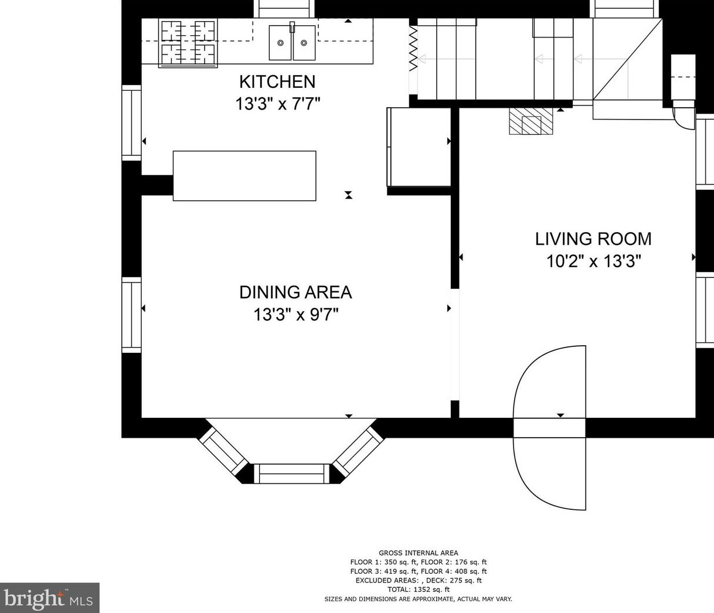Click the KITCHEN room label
pos(277,82)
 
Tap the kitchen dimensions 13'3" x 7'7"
pos(278,104)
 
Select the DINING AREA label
pos(295,292)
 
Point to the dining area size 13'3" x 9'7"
pos(296,315)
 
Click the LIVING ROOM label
pos(593,239)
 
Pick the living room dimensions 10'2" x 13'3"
pos(593,261)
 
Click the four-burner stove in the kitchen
pos(188,43)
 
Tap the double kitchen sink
pos(293,42)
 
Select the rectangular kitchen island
pos(244,176)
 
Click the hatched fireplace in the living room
pos(531,121)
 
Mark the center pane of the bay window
pos(291,474)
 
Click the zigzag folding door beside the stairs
pos(413,49)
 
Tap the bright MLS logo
pos(49,598)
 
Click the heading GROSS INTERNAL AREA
pos(419,553)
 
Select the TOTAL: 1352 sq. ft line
pos(419,590)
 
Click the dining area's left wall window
pos(132,315)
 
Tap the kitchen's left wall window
pos(132,123)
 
